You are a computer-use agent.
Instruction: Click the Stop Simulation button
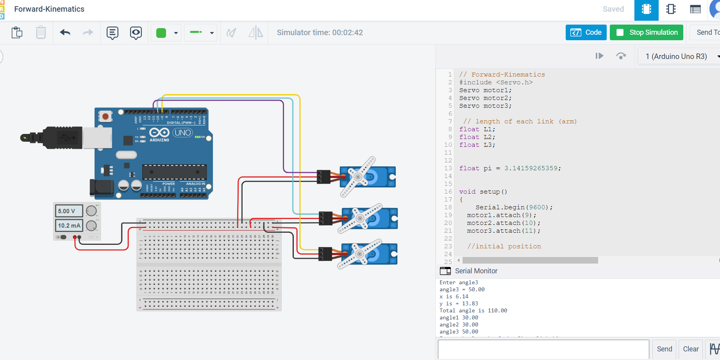point(647,32)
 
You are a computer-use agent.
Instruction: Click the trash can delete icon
point(41,32)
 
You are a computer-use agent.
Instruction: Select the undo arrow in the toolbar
point(65,32)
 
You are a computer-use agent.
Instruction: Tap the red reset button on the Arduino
point(105,116)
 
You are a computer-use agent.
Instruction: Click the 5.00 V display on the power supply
point(69,211)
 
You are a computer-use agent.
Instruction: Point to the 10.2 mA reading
point(69,225)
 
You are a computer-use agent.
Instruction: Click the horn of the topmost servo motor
point(358,177)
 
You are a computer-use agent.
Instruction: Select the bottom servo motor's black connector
point(325,254)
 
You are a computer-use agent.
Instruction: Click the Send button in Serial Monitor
point(664,349)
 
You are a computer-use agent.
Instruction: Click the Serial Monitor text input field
point(543,349)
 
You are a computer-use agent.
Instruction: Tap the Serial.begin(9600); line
point(514,207)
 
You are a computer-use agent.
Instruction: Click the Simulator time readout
point(320,32)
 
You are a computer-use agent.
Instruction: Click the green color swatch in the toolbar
point(161,33)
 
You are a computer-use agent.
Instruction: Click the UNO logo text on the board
point(183,133)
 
